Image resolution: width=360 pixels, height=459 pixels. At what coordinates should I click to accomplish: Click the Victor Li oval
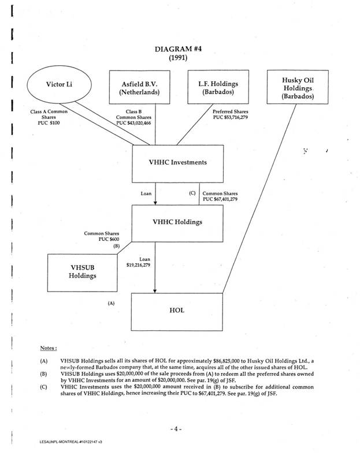pyautogui.click(x=59, y=85)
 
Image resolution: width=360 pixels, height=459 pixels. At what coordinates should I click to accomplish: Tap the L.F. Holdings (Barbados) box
pyautogui.click(x=214, y=88)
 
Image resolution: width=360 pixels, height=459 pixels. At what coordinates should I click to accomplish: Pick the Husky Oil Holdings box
pyautogui.click(x=298, y=88)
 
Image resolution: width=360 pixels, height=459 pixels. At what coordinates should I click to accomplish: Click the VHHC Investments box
pyautogui.click(x=179, y=162)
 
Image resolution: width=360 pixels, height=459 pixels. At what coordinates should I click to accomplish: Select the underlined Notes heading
pyautogui.click(x=48, y=348)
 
